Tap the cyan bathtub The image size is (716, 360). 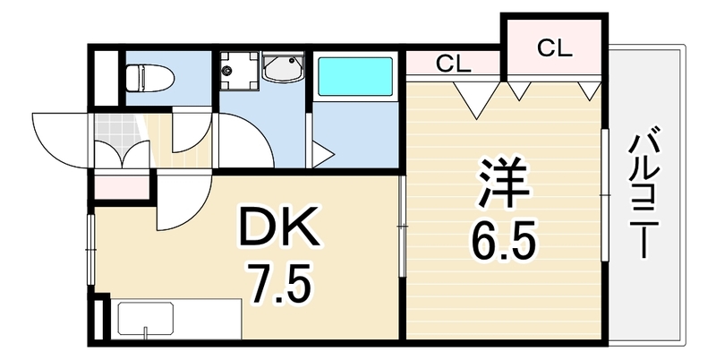click(x=354, y=76)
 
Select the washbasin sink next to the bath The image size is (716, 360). click(x=283, y=68)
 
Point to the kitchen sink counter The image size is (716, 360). click(x=175, y=319)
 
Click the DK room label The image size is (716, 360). click(x=279, y=227)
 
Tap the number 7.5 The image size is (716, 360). click(x=280, y=284)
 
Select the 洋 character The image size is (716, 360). click(x=503, y=183)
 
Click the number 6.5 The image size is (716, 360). click(x=502, y=242)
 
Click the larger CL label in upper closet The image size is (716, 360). click(x=554, y=48)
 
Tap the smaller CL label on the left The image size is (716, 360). click(x=453, y=64)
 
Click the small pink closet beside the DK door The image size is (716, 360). click(x=122, y=187)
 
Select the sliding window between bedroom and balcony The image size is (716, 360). click(x=605, y=195)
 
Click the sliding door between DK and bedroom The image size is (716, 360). click(x=402, y=227)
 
